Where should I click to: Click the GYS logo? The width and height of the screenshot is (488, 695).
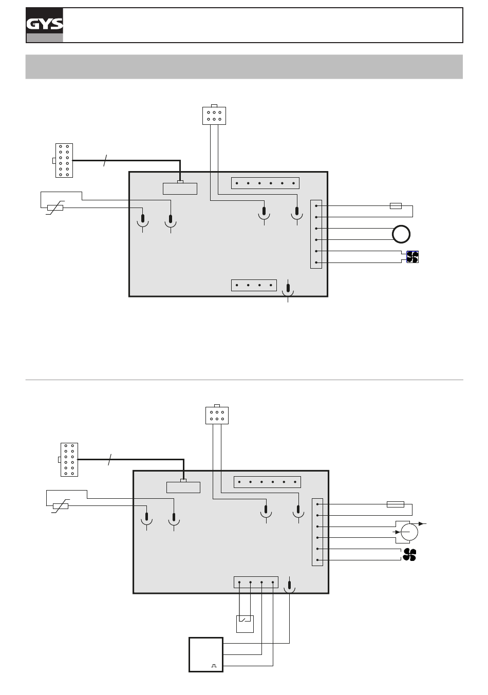tap(44, 25)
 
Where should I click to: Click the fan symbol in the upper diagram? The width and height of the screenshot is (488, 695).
tap(412, 257)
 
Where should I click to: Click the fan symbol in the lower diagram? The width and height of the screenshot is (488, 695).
tap(409, 554)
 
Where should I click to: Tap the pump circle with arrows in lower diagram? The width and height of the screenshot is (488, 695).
tap(409, 532)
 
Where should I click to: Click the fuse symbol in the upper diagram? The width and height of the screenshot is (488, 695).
tap(396, 205)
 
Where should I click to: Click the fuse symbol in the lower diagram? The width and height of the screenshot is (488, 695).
tap(395, 504)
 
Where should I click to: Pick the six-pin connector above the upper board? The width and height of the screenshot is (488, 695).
tap(214, 115)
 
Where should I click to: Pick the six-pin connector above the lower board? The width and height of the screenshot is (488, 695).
tap(217, 415)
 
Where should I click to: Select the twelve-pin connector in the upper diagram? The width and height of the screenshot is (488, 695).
tap(64, 160)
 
